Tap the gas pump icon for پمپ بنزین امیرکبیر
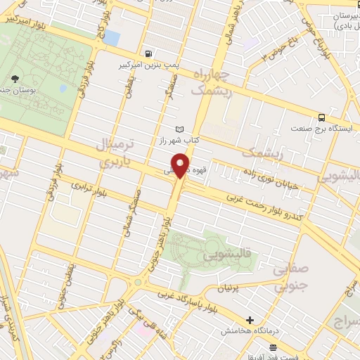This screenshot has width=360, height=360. click(x=148, y=53)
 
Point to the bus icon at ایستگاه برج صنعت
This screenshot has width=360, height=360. click(x=321, y=117)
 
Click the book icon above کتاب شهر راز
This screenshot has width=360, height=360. click(x=180, y=129)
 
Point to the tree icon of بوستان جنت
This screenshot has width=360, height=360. click(x=15, y=79)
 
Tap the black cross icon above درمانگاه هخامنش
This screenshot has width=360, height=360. click(x=250, y=320)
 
